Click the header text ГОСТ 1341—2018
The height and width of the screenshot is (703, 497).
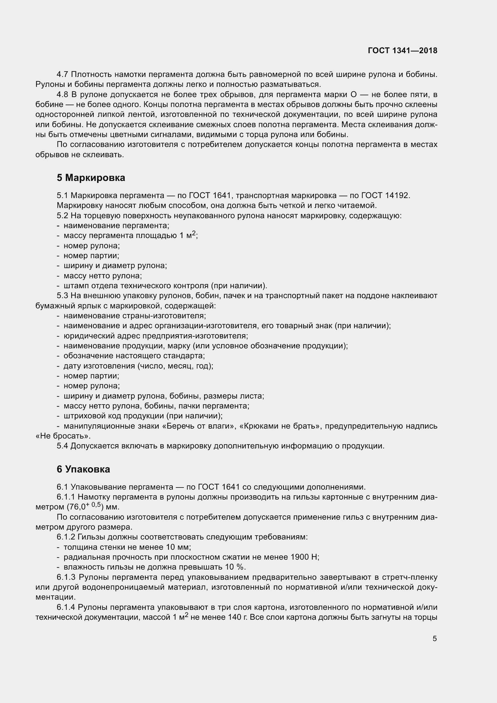pyautogui.click(x=402, y=50)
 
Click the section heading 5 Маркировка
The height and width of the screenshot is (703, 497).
pyautogui.click(x=91, y=178)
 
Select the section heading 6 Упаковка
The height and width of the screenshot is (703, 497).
pyautogui.click(x=83, y=469)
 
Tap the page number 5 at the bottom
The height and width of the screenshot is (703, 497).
pyautogui.click(x=434, y=639)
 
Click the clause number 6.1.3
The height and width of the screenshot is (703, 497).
pyautogui.click(x=66, y=577)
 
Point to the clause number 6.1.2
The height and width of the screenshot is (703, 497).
pyautogui.click(x=66, y=537)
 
